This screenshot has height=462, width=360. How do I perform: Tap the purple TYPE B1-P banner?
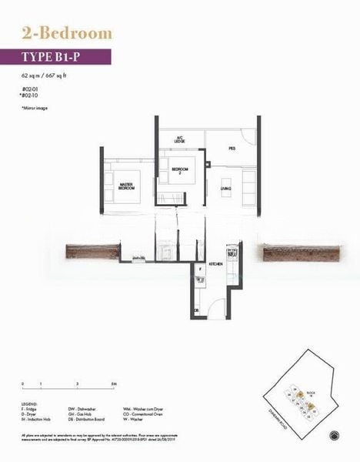click(66, 56)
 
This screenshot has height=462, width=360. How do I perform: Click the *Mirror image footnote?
click(35, 109)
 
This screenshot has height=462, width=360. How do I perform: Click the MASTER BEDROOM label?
click(128, 186)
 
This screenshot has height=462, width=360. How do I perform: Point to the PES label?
click(231, 148)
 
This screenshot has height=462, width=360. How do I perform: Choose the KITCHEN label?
click(216, 263)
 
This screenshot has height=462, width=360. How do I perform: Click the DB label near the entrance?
click(196, 310)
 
